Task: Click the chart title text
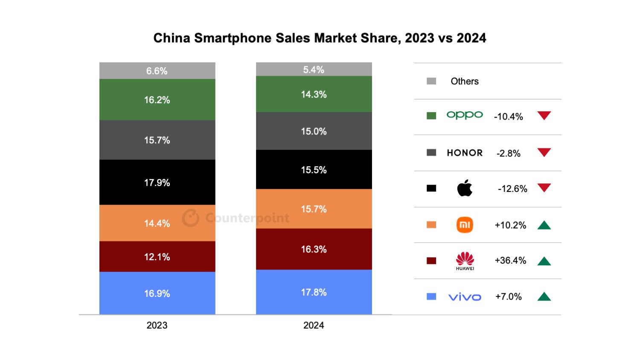[x=320, y=38]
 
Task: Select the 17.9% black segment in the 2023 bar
[x=157, y=183]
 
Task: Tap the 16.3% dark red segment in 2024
[x=314, y=249]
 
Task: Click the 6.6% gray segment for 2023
[x=157, y=71]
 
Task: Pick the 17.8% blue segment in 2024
[x=314, y=292]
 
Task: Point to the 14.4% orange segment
[x=157, y=223]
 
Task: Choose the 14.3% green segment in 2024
[x=314, y=94]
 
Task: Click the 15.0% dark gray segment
[x=314, y=131]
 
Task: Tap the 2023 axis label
[x=157, y=325]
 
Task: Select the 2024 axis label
[x=314, y=325]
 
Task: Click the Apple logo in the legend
[x=465, y=188]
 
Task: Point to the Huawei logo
[x=465, y=260]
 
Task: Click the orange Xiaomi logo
[x=465, y=225]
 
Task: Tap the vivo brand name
[x=465, y=297]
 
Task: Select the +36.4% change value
[x=510, y=261]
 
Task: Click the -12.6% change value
[x=512, y=189]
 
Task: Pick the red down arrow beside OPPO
[x=544, y=116]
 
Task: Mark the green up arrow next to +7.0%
[x=544, y=296]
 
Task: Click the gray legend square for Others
[x=431, y=81]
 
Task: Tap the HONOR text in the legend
[x=465, y=153]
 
